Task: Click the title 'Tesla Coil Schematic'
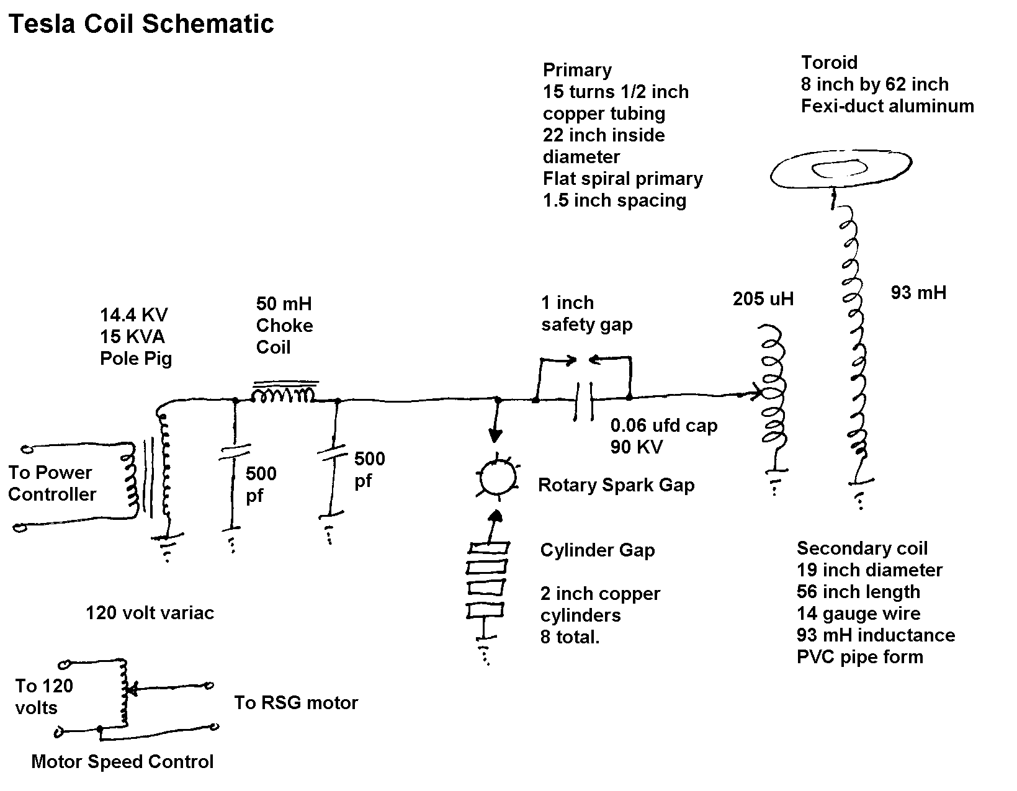click(x=141, y=24)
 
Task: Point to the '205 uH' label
click(x=763, y=299)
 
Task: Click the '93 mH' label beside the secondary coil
click(x=918, y=293)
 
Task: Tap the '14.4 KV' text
click(x=134, y=315)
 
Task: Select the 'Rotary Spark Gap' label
click(x=616, y=486)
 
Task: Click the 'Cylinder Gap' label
click(x=597, y=550)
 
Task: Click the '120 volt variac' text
click(x=150, y=613)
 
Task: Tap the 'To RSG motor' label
click(x=296, y=702)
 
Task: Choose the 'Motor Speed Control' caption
click(x=122, y=762)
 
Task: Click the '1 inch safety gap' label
click(x=586, y=314)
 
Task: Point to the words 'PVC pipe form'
click(x=860, y=657)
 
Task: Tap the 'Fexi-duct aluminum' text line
click(x=887, y=106)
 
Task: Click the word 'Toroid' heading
click(x=830, y=62)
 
